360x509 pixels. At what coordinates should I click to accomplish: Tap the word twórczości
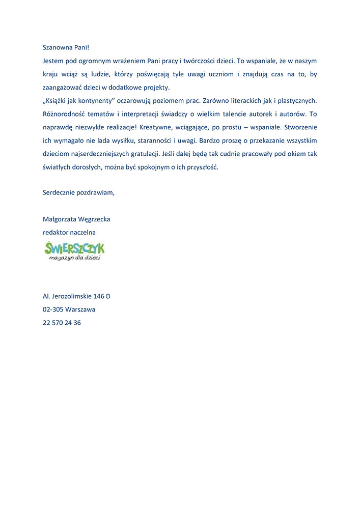pos(201,61)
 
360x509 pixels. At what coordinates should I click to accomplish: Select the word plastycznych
pos(295,100)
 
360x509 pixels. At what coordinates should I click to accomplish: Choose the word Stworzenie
pos(300,127)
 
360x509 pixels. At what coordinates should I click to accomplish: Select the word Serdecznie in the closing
pos(59,192)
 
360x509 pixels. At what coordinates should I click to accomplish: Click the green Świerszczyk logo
pos(74,251)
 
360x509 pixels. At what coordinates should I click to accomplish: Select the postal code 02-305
pos(53,309)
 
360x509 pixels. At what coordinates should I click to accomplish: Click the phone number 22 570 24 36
pos(62,322)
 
